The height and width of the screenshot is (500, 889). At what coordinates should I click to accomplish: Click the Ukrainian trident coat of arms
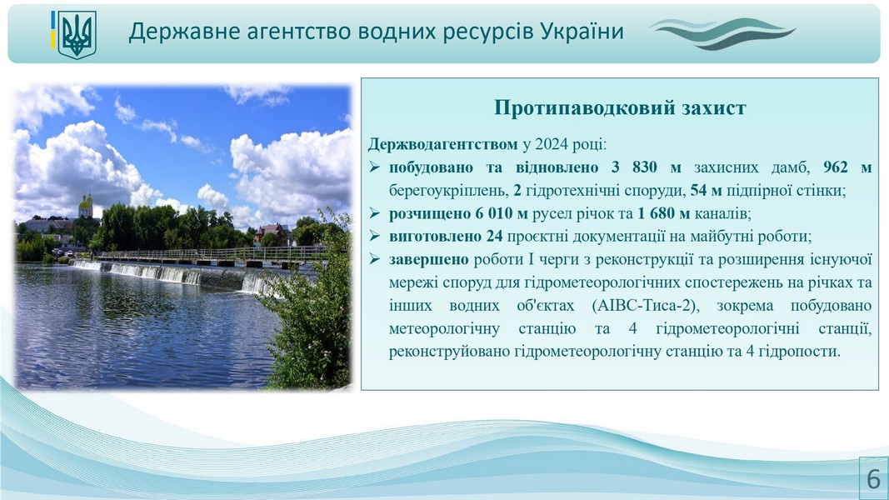[x=77, y=35]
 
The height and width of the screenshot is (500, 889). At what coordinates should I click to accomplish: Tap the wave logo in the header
[x=723, y=33]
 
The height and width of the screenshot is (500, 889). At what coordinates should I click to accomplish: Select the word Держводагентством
[x=442, y=144]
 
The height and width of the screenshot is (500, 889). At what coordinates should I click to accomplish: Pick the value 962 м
[x=847, y=167]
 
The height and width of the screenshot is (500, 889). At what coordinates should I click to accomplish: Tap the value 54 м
[x=706, y=191]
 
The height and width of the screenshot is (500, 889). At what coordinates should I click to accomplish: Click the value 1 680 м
[x=663, y=213]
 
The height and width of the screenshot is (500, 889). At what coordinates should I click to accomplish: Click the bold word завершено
[x=428, y=260]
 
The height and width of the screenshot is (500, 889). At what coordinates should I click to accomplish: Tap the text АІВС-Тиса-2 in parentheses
[x=645, y=306]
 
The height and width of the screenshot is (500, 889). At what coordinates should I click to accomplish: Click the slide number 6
[x=874, y=479]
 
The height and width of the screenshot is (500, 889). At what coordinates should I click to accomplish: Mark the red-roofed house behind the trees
[x=274, y=233]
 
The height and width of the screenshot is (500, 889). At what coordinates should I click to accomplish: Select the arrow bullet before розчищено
[x=374, y=213]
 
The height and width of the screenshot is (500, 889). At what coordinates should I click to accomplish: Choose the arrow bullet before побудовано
[x=374, y=167]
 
